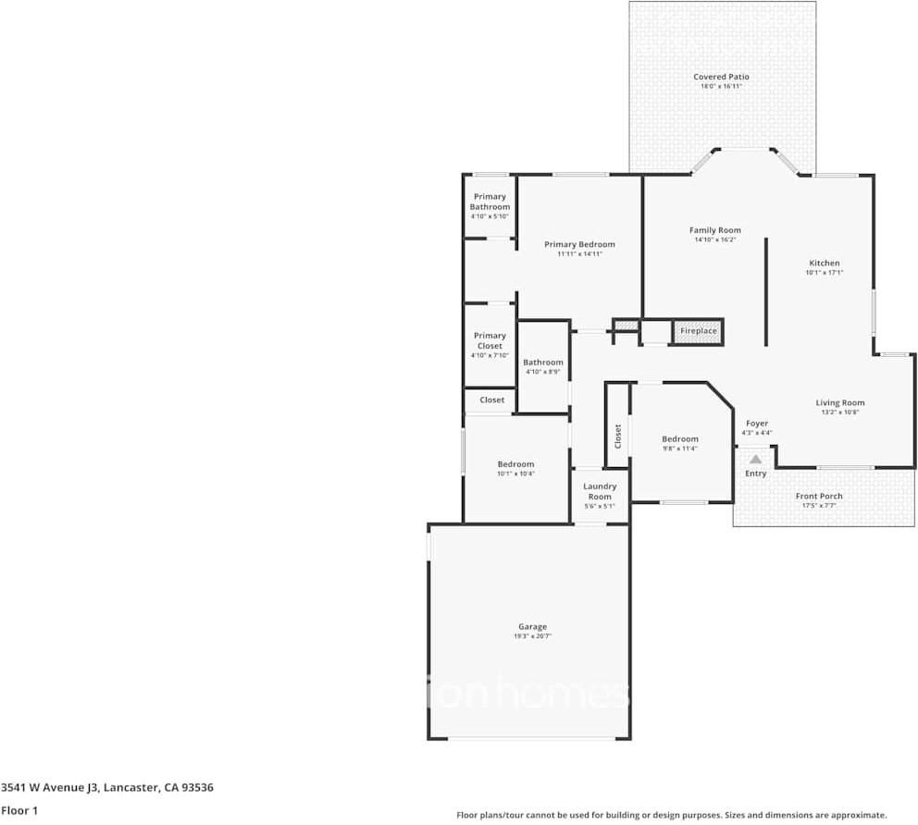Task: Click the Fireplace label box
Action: point(698,331)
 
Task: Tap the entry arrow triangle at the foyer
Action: point(756,459)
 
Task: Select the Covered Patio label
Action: point(721,77)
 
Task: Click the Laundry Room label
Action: point(600,491)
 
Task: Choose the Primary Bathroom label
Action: point(490,202)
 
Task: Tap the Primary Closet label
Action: point(490,340)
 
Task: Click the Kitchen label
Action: point(824,263)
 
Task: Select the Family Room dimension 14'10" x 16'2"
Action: point(715,240)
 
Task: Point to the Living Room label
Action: point(839,402)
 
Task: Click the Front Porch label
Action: point(819,496)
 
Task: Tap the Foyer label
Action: point(756,424)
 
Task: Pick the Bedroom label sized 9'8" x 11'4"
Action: point(679,439)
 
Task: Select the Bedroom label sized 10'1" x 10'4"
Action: point(515,464)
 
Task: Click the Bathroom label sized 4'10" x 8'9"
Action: point(543,363)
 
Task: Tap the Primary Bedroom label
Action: point(579,244)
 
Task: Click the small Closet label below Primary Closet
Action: point(492,400)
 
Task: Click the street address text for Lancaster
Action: point(107,788)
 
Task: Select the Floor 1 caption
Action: point(19,810)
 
